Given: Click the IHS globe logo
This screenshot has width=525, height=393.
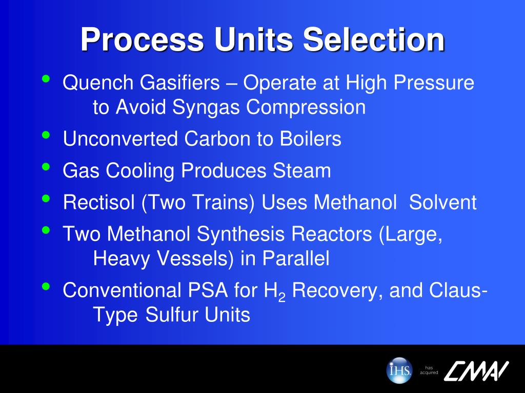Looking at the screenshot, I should tap(399, 369).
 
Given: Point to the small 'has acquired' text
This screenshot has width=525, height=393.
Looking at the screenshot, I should tap(429, 370).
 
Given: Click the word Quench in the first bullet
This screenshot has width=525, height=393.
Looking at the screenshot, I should tap(92, 83).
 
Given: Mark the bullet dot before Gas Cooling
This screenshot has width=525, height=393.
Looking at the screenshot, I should tap(47, 167).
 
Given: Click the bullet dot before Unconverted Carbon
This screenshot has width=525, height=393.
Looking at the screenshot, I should tap(47, 135).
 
